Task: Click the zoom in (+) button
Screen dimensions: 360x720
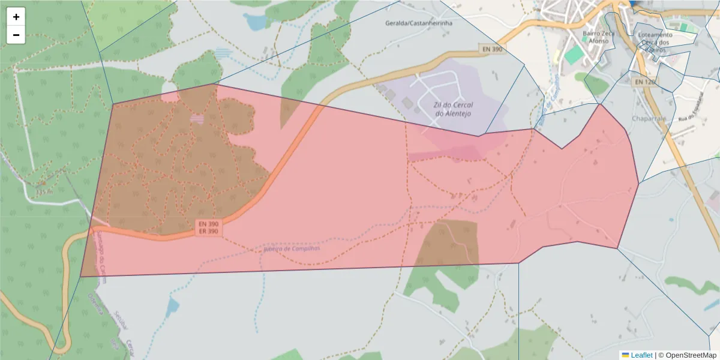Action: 16,17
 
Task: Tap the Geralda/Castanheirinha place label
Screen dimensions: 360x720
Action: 418,23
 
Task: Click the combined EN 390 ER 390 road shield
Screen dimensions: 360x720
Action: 208,227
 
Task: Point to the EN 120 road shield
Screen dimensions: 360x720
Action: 644,81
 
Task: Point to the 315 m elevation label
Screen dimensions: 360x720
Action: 44,192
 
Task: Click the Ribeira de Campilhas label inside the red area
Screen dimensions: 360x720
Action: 292,248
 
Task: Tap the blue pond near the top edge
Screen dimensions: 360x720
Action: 256,22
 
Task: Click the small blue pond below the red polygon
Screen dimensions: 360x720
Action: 173,307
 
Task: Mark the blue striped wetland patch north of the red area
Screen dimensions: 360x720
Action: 223,53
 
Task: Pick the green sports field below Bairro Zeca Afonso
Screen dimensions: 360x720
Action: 574,55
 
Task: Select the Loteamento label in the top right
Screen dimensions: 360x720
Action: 655,35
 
